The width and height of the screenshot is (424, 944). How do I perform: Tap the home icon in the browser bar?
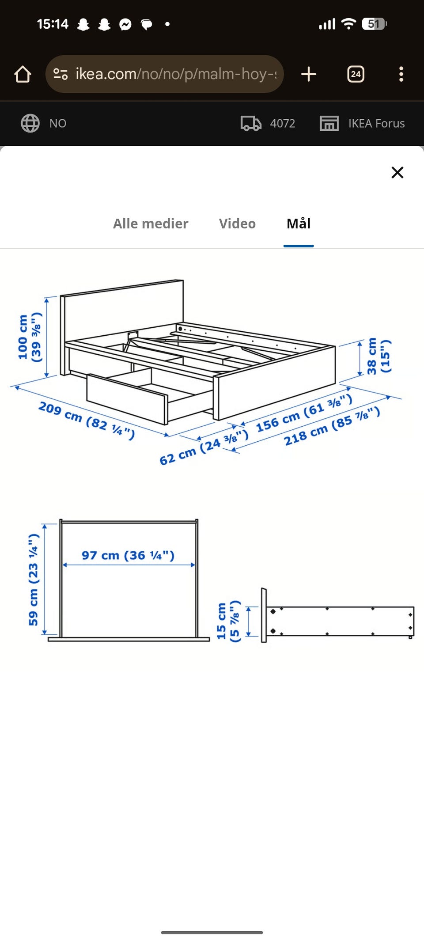pos(23,74)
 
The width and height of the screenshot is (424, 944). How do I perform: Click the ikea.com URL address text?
pos(176,74)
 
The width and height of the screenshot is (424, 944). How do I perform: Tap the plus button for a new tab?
pos(309,74)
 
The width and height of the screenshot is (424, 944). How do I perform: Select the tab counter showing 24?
pos(356,74)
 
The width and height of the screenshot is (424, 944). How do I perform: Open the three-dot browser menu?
pos(401,74)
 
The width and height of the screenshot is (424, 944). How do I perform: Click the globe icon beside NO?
pos(30,123)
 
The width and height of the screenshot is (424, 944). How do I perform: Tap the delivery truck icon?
pos(251,123)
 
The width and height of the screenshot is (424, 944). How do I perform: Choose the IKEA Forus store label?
pos(376,123)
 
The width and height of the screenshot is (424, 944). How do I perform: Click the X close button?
pos(397,172)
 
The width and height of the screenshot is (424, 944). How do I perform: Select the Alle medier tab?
pos(151,224)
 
